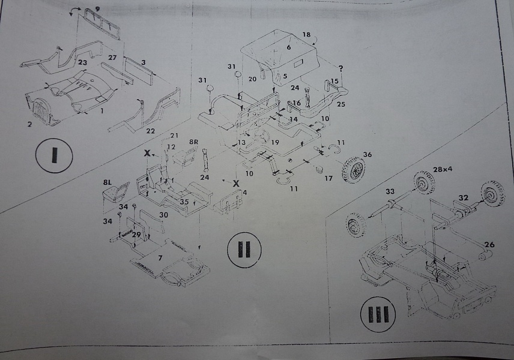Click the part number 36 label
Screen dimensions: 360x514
(x=367, y=154)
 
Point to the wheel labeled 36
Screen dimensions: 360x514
(x=353, y=169)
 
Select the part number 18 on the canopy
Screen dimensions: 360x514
(x=307, y=35)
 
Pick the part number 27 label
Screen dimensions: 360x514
(x=111, y=58)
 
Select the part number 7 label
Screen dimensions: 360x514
(x=160, y=257)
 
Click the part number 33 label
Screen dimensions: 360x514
(x=390, y=192)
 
